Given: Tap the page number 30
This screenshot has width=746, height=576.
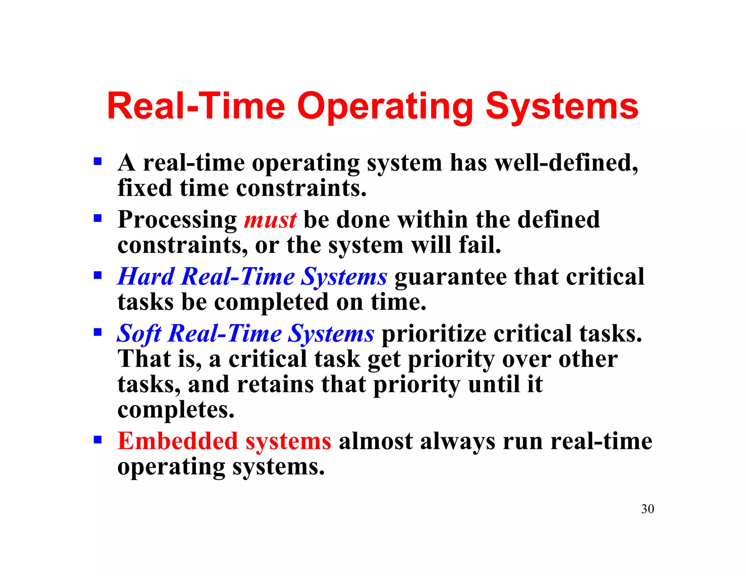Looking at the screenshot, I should coord(647,509).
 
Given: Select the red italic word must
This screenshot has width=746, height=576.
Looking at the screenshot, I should coord(270,220).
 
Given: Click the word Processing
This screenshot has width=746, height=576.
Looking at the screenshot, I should coord(177,220).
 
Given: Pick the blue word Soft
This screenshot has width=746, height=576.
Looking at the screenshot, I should coord(139,334).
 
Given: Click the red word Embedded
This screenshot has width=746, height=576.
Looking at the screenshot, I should coord(178,441).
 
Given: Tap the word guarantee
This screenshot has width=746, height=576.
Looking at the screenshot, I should coord(450,277).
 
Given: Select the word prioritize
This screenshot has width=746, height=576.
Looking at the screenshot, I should coord(433,334).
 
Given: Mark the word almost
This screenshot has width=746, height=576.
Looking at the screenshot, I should coord(375,441).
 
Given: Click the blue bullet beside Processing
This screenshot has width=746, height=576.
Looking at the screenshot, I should coord(97,218).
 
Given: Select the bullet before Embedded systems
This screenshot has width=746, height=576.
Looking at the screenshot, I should coord(97,439).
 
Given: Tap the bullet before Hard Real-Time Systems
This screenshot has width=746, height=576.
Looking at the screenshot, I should coord(97,275).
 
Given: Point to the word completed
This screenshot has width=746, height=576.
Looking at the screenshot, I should coord(271,302).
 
